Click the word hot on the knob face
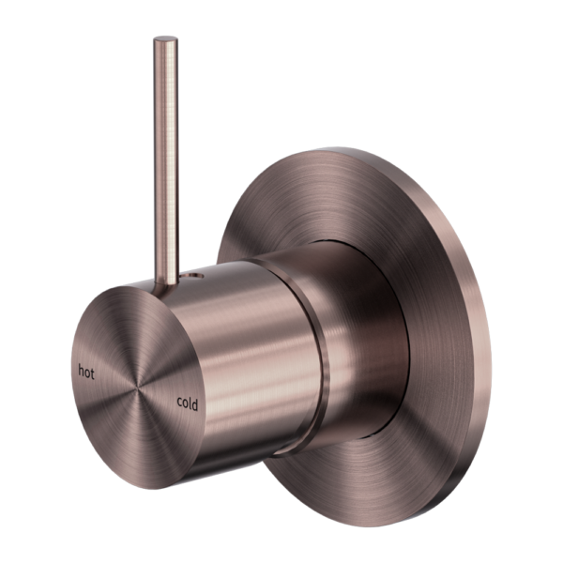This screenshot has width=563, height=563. pyautogui.click(x=86, y=371)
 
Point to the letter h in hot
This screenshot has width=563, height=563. pyautogui.click(x=81, y=370)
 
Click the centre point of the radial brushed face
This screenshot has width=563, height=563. pyautogui.click(x=138, y=387)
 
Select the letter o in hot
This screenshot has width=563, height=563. pyautogui.click(x=87, y=371)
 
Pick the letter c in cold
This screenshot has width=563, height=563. pyautogui.click(x=178, y=404)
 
